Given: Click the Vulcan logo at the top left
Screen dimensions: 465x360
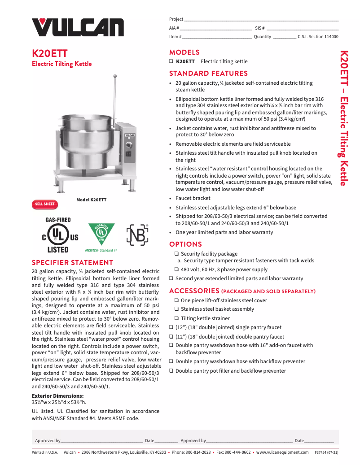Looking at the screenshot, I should pyautogui.click(x=77, y=26).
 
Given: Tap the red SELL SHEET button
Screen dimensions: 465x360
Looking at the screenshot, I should pyautogui.click(x=45, y=204).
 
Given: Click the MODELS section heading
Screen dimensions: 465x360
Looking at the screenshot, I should pyautogui.click(x=184, y=52).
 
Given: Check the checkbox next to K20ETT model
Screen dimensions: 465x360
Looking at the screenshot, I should pyautogui.click(x=171, y=61).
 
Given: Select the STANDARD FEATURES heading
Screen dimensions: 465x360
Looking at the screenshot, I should pyautogui.click(x=208, y=74).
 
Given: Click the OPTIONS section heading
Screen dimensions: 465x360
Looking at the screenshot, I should pyautogui.click(x=185, y=244).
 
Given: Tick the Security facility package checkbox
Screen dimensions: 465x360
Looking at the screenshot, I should pyautogui.click(x=177, y=254).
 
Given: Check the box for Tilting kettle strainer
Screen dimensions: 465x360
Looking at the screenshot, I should pyautogui.click(x=177, y=318).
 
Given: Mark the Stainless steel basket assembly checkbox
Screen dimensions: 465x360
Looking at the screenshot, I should pyautogui.click(x=177, y=309).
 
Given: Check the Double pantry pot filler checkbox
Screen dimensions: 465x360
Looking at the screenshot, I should pyautogui.click(x=171, y=371).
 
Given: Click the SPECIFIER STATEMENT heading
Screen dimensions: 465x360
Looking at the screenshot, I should pyautogui.click(x=72, y=263).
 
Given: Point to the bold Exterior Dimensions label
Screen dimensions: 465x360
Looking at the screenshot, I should pyautogui.click(x=57, y=396).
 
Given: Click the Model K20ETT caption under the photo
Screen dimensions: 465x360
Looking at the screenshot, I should pyautogui.click(x=91, y=200).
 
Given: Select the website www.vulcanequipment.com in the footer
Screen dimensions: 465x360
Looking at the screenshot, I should pyautogui.click(x=282, y=452).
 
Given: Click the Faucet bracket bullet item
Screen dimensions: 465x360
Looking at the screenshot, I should pyautogui.click(x=193, y=198).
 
